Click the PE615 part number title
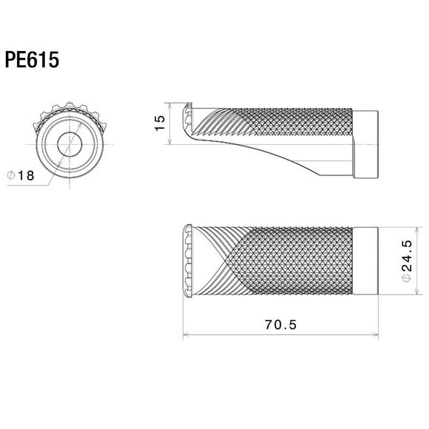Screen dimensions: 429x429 click(32, 60)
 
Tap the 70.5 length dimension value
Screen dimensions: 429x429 click(281, 325)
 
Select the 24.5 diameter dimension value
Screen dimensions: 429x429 click(408, 255)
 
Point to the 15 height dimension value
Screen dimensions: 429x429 click(160, 123)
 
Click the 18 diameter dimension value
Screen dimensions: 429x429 click(26, 175)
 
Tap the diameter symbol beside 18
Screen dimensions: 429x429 click(11, 175)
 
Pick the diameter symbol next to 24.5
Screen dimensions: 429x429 click(408, 278)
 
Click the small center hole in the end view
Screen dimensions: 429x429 click(70, 144)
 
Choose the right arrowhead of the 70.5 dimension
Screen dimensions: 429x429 click(375, 334)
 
